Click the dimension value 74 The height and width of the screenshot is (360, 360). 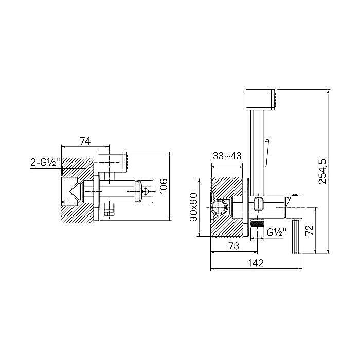(85, 141)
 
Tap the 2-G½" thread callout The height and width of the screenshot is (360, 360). (45, 163)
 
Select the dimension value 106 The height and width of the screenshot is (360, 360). (164, 186)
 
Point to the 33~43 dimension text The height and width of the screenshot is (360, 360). (227, 156)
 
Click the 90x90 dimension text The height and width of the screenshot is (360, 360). (193, 207)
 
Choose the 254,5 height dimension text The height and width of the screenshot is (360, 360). (322, 171)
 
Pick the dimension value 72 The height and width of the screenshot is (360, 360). (309, 230)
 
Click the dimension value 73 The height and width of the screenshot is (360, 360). (233, 246)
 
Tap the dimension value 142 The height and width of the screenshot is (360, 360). (256, 263)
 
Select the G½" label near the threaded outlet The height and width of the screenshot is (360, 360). (277, 232)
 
